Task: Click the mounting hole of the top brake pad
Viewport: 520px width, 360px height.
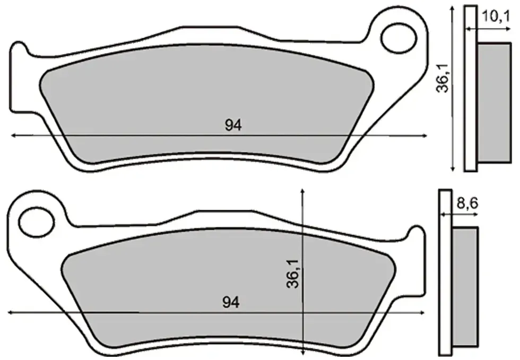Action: [398, 38]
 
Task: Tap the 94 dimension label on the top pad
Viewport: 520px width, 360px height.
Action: [233, 125]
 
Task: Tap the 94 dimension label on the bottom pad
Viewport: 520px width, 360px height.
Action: [231, 302]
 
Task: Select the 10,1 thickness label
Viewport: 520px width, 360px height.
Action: [496, 16]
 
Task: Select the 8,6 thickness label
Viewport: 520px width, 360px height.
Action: [467, 203]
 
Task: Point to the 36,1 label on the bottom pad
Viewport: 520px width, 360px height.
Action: [292, 273]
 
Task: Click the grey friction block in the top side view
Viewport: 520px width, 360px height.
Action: [494, 102]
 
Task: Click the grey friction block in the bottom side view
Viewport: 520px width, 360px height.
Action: [465, 287]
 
